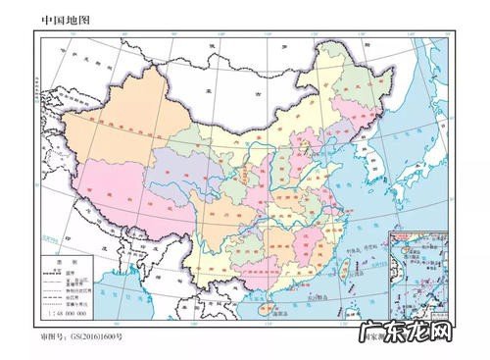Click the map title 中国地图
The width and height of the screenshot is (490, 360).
[x=66, y=19]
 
